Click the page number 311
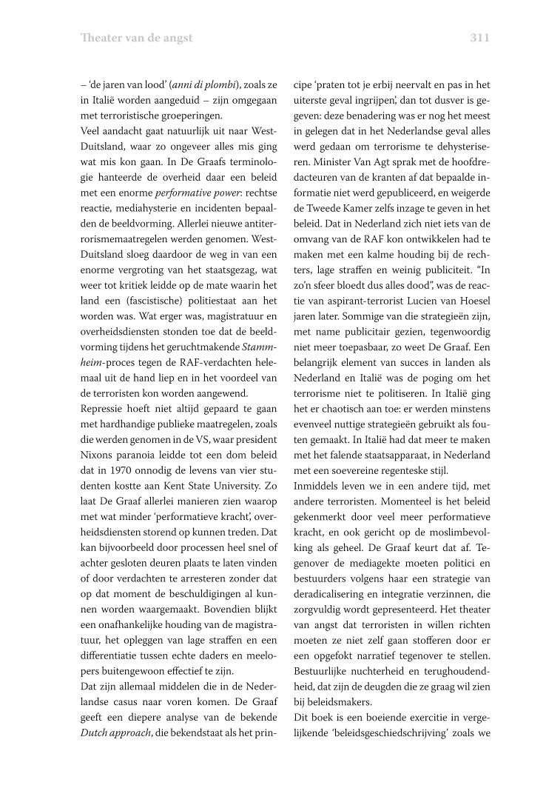point(479,38)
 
